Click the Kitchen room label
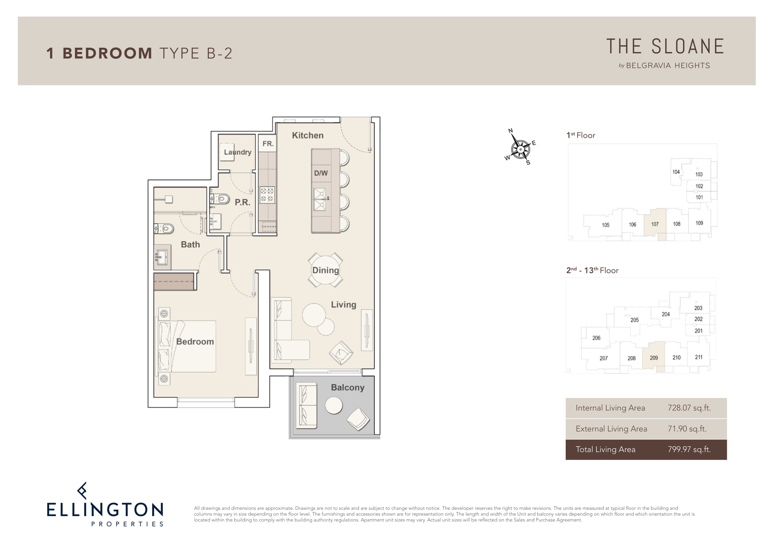click(x=308, y=135)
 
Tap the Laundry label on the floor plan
click(x=238, y=152)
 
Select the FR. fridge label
click(x=268, y=144)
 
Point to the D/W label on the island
click(x=321, y=173)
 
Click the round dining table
click(x=325, y=270)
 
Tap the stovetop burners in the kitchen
click(x=267, y=195)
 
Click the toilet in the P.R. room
click(x=221, y=198)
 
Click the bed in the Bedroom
click(x=186, y=346)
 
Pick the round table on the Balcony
click(x=334, y=405)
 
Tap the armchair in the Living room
click(x=341, y=353)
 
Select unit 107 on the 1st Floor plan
click(x=655, y=224)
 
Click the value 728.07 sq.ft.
click(x=689, y=408)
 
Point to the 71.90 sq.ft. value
click(x=687, y=428)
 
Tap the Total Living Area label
click(x=605, y=449)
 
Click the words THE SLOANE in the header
click(x=665, y=46)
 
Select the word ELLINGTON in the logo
click(x=105, y=510)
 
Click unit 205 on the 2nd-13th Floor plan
click(x=634, y=320)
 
